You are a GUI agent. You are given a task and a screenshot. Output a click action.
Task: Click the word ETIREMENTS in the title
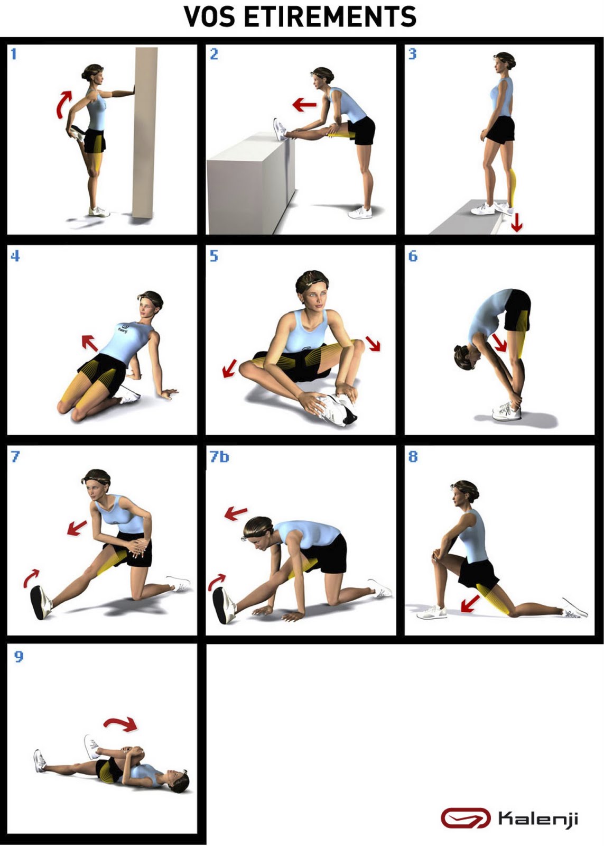[x=330, y=16]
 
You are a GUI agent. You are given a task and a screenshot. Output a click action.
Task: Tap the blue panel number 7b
[x=219, y=457]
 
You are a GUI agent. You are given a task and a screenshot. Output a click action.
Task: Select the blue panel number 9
[x=18, y=656]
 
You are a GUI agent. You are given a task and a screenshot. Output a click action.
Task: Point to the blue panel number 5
[x=214, y=256]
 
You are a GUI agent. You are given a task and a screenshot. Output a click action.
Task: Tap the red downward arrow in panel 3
[x=517, y=223]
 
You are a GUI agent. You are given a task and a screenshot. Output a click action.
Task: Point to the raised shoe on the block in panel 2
[x=280, y=129]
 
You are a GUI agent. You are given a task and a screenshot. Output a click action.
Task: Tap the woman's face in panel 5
[x=313, y=297]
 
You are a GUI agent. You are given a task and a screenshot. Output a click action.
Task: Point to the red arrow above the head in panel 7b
[x=236, y=513]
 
